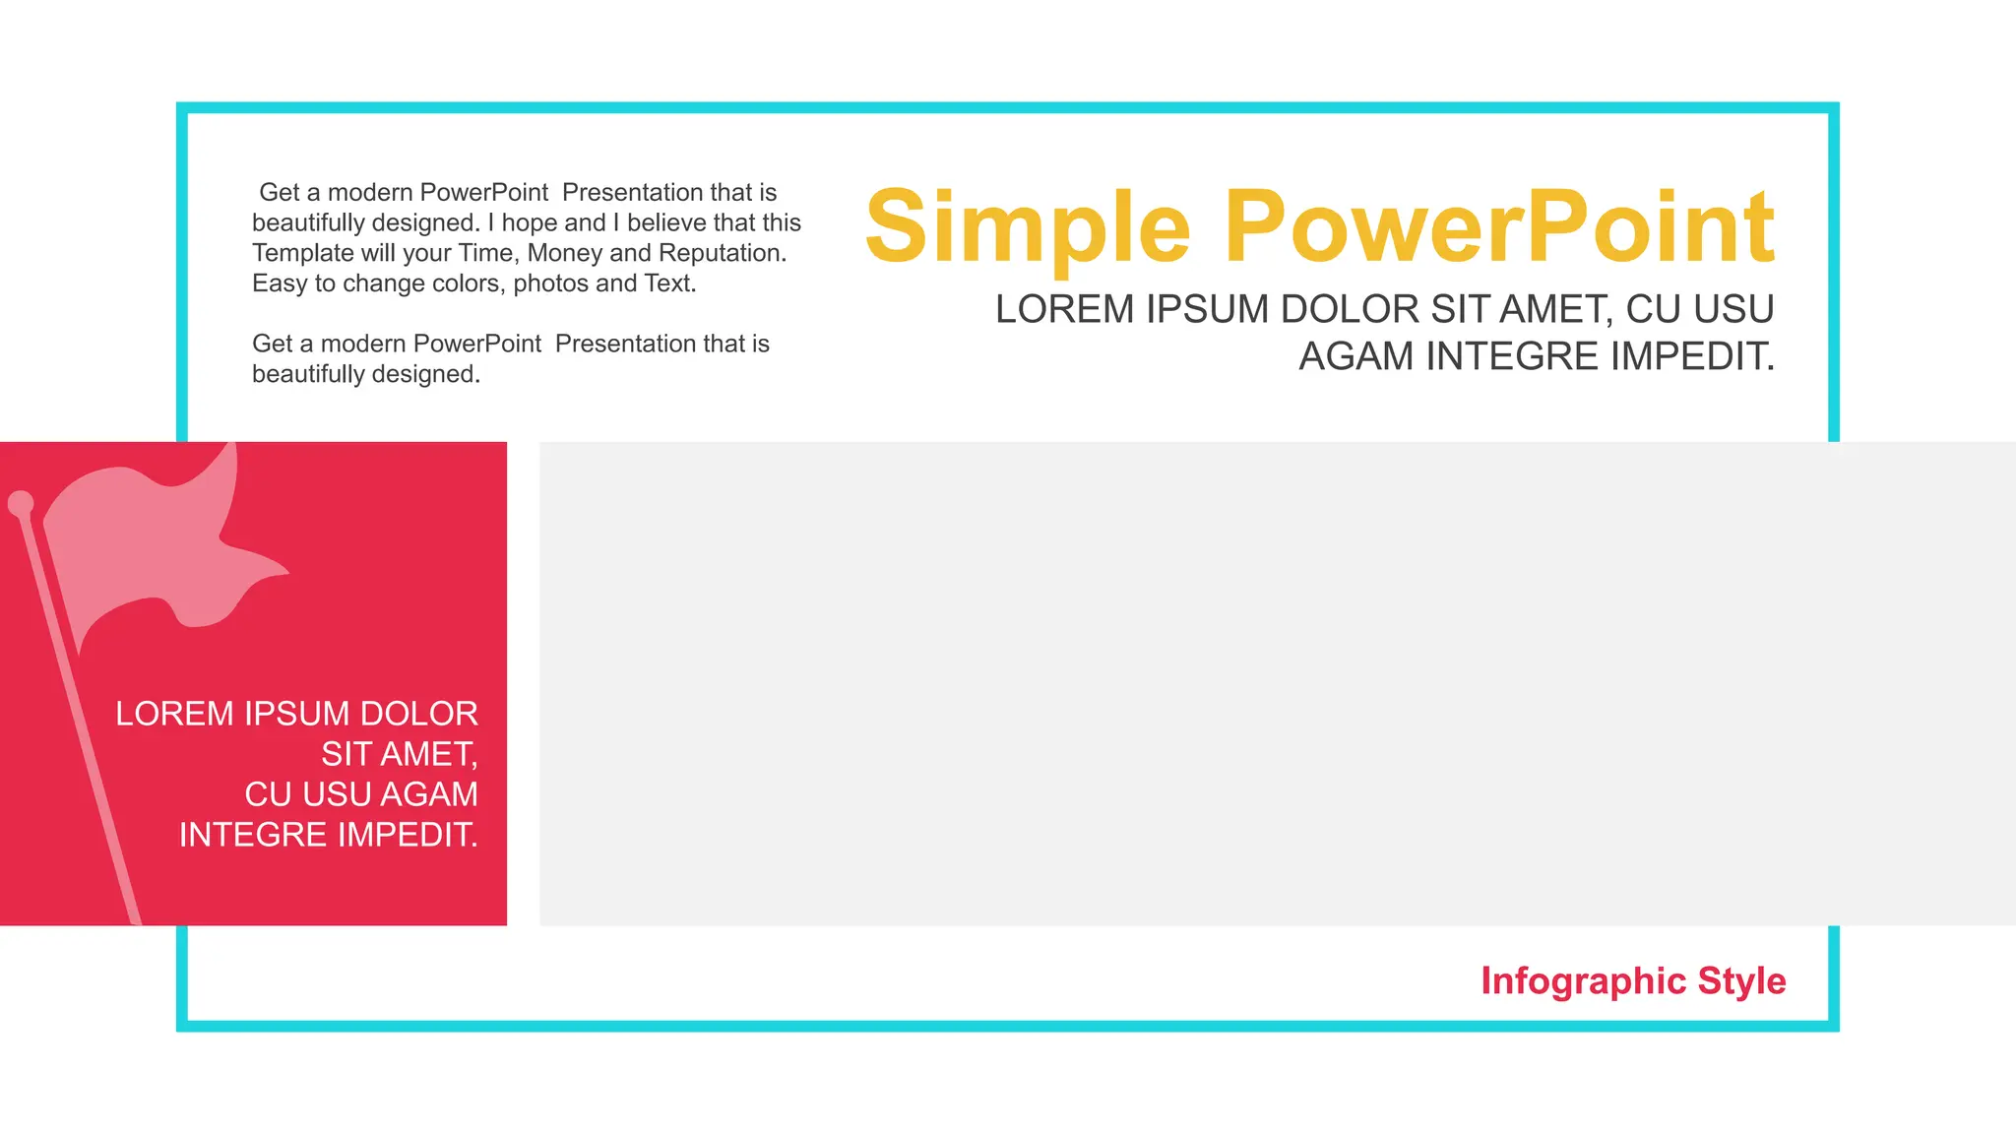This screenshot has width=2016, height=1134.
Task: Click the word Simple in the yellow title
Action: pyautogui.click(x=1028, y=228)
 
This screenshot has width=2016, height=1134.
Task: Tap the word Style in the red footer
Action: pyautogui.click(x=1741, y=980)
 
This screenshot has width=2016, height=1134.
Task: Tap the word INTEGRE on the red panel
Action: pyautogui.click(x=253, y=835)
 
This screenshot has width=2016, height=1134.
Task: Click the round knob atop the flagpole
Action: pyautogui.click(x=21, y=504)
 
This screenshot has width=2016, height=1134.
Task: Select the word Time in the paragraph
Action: pyautogui.click(x=486, y=253)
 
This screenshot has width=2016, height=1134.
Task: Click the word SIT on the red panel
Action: pyautogui.click(x=346, y=754)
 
